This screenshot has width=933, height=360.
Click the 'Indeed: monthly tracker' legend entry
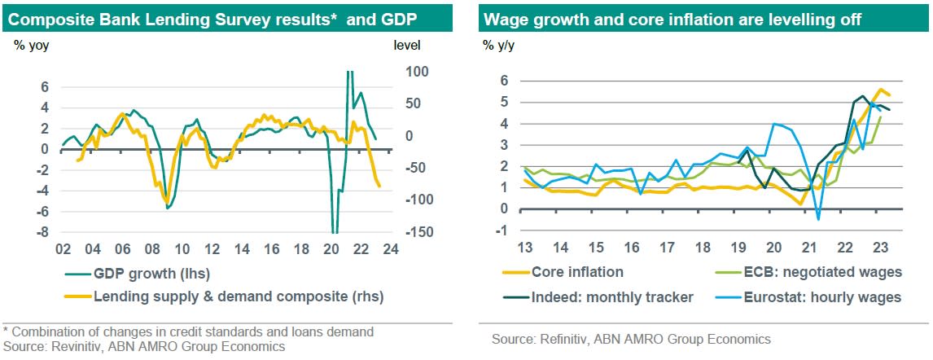coord(611,297)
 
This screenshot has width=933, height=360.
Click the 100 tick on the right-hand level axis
coord(394,72)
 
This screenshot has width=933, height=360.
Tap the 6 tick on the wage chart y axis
coord(505,81)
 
